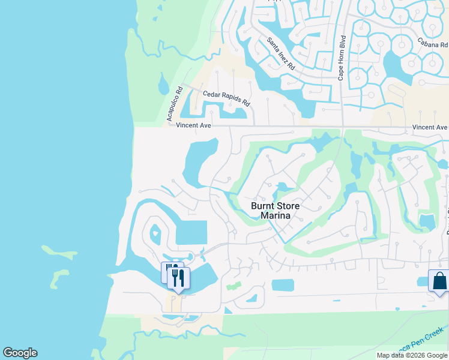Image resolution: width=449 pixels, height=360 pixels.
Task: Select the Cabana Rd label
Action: (x=432, y=44)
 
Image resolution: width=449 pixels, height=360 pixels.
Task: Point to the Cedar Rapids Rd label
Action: (x=226, y=98)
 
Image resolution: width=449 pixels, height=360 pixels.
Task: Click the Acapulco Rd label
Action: (x=174, y=105)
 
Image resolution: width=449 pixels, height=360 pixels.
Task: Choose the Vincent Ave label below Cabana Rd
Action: (x=430, y=127)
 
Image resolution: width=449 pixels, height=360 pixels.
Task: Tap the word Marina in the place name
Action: (x=275, y=215)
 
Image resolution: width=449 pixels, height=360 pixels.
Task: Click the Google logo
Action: (x=20, y=353)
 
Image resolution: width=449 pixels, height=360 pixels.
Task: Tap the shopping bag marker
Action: (x=439, y=281)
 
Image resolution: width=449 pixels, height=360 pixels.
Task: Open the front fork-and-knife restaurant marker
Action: (x=178, y=278)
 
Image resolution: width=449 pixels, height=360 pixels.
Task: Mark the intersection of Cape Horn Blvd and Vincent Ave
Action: (x=342, y=127)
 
